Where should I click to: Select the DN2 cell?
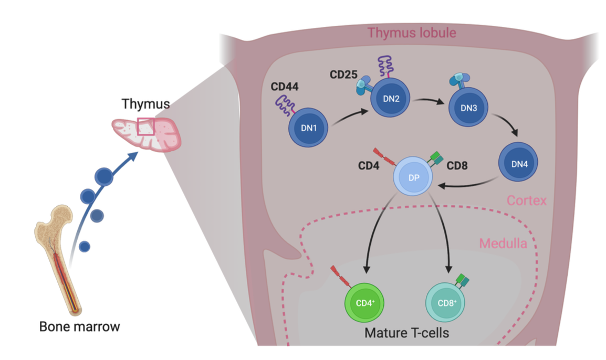[391, 99]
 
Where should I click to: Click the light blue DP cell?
[413, 178]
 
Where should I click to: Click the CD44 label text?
[284, 86]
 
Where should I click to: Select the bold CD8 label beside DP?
[458, 166]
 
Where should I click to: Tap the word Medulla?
[503, 243]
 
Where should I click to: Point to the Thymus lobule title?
[412, 33]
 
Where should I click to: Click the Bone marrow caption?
[79, 327]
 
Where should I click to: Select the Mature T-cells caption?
[407, 333]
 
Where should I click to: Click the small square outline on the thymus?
[145, 126]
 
